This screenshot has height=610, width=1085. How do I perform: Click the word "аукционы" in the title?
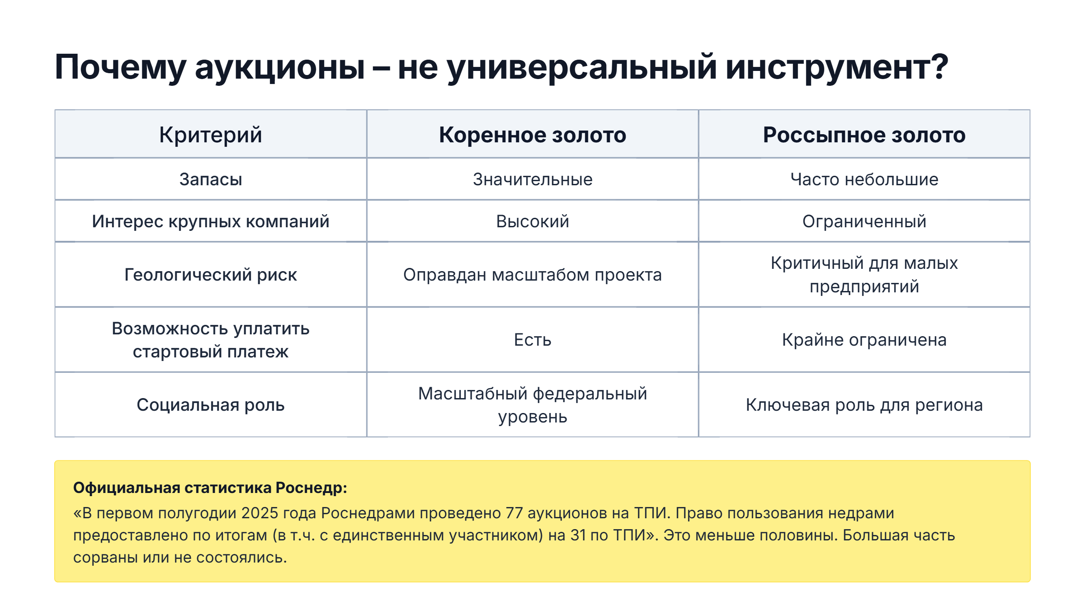[x=279, y=68]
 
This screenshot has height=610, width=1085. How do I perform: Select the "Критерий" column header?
[x=211, y=135]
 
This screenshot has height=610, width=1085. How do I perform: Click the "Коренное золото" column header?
[x=533, y=135]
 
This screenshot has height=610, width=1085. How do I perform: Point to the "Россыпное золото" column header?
[x=864, y=135]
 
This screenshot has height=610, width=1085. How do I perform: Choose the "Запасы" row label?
[x=211, y=179]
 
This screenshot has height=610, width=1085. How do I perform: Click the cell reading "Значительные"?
[x=533, y=179]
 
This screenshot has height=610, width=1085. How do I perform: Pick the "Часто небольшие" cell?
[x=864, y=179]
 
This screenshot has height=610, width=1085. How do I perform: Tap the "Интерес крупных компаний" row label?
[x=211, y=221]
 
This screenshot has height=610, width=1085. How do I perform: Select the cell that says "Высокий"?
[x=533, y=221]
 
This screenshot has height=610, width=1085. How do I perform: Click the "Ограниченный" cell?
[x=864, y=221]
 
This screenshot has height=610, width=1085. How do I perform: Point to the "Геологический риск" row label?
[x=211, y=275]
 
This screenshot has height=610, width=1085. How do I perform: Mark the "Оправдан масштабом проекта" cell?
[x=533, y=275]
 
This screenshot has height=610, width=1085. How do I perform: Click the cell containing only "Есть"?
[x=533, y=340]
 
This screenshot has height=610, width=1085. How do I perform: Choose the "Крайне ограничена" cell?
[x=864, y=340]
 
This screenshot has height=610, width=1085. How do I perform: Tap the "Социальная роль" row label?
[x=211, y=405]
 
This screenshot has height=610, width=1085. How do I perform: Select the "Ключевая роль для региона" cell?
[x=864, y=405]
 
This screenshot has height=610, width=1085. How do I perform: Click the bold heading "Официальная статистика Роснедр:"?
[x=210, y=488]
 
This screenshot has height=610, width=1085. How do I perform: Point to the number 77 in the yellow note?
[x=514, y=513]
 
